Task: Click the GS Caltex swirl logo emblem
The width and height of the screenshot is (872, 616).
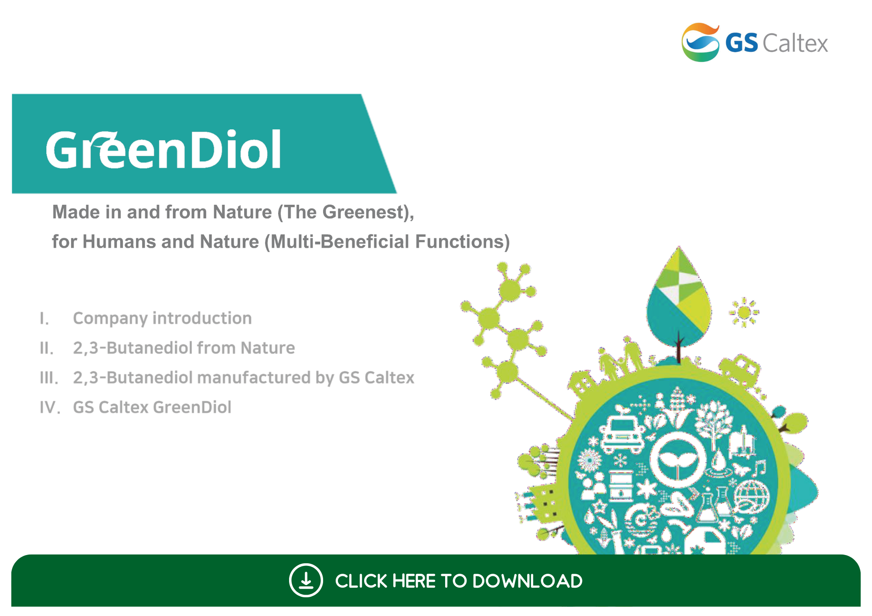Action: (x=701, y=42)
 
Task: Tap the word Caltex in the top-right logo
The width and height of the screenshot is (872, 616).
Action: (x=795, y=43)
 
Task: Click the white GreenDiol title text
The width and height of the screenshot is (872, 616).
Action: (x=163, y=149)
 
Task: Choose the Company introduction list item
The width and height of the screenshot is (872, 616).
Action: (x=162, y=318)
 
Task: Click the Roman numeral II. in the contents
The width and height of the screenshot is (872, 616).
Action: (x=47, y=348)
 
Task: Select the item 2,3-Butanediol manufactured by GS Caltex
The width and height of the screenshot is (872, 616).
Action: (x=243, y=378)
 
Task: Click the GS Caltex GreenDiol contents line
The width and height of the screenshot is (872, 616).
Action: (x=152, y=407)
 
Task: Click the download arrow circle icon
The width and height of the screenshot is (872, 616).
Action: (x=306, y=580)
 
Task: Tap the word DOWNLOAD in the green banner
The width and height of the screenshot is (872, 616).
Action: (x=527, y=581)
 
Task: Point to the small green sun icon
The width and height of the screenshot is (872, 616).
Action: (x=744, y=312)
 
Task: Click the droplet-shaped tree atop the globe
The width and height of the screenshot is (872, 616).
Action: (x=678, y=301)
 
